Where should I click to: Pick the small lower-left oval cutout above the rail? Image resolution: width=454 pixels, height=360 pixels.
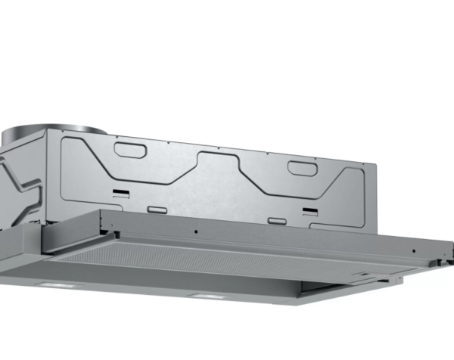pyautogui.click(x=156, y=208)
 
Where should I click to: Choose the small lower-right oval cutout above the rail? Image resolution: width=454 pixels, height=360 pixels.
pyautogui.click(x=278, y=222)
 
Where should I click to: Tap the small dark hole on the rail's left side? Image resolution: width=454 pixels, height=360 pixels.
pyautogui.click(x=196, y=231)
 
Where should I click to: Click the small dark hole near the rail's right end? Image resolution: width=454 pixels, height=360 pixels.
pyautogui.click(x=412, y=249)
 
